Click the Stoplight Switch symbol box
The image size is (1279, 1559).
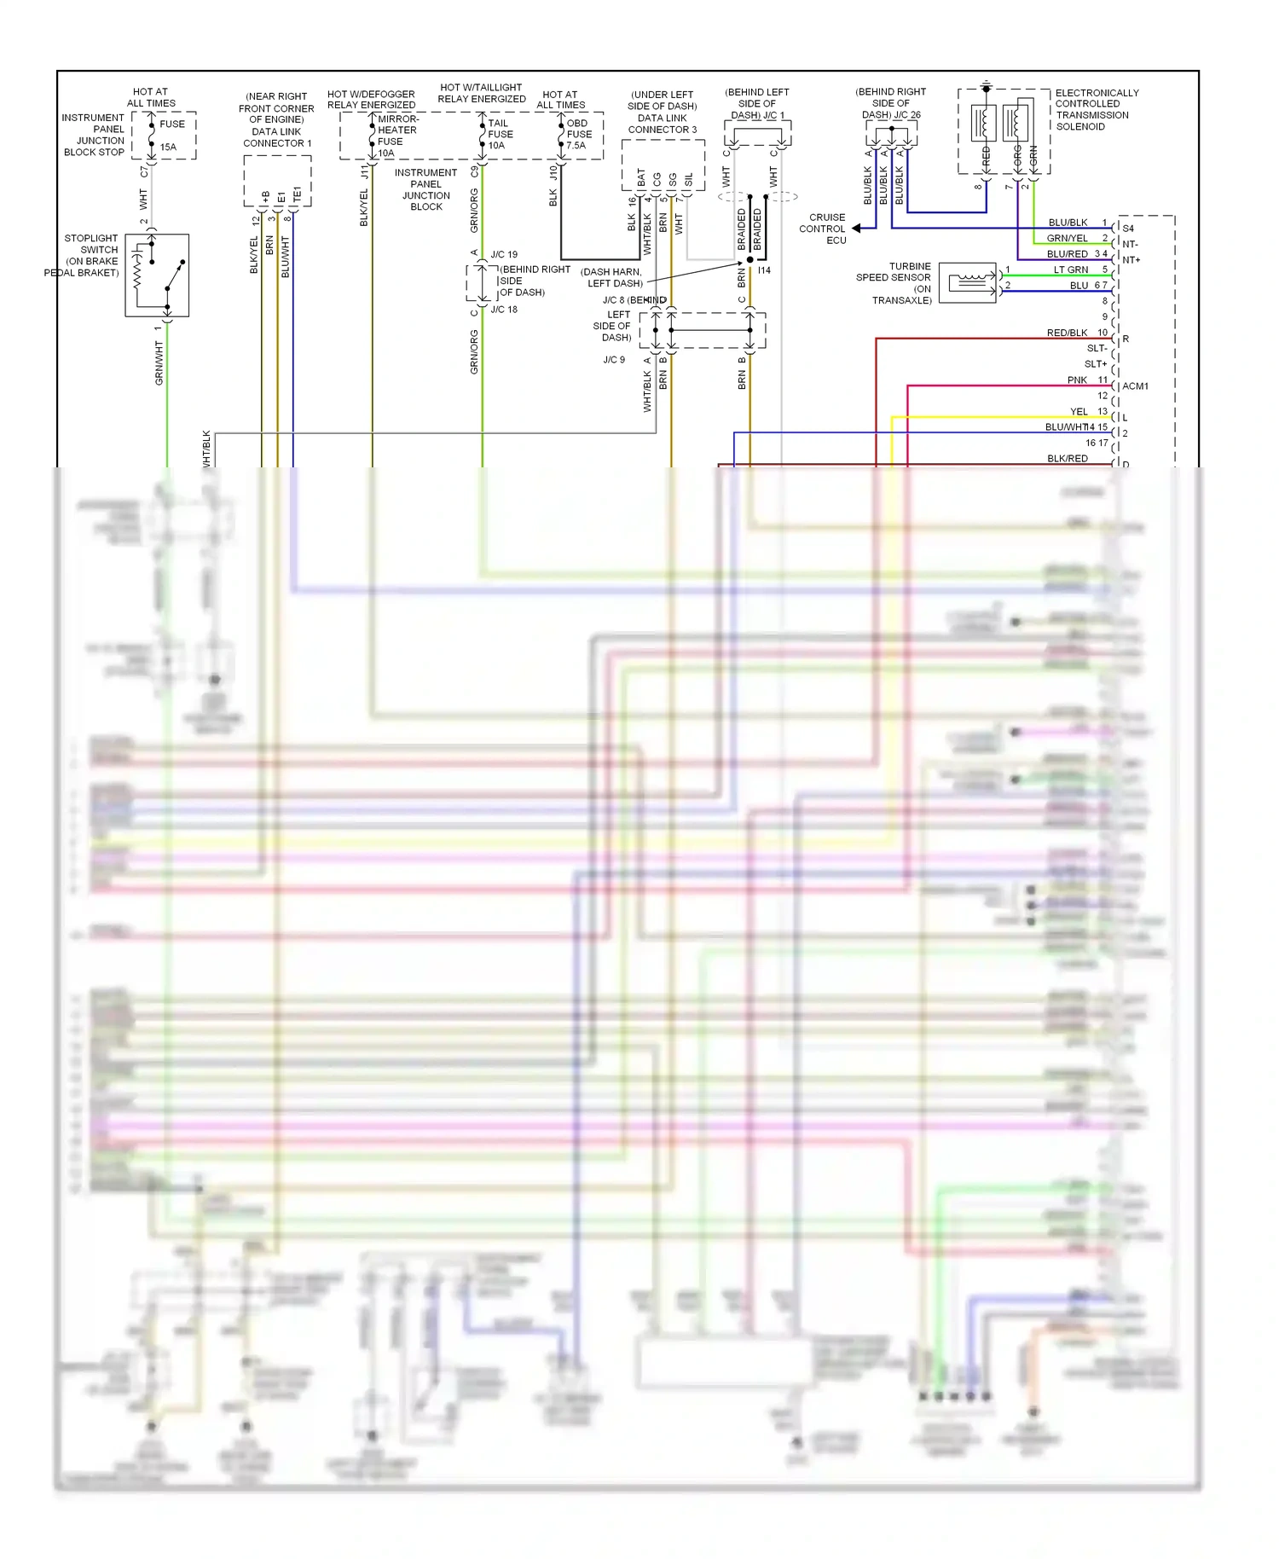tap(157, 275)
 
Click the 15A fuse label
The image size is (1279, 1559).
tap(169, 147)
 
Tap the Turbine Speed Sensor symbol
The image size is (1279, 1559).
tap(968, 282)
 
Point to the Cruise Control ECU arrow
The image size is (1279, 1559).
tap(857, 229)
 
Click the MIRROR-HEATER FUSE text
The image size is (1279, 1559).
tap(396, 130)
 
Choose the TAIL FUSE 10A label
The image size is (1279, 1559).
tap(500, 134)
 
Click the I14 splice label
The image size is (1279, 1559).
tap(764, 270)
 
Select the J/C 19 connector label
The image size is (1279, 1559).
tap(504, 254)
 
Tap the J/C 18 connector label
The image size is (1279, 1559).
tap(504, 310)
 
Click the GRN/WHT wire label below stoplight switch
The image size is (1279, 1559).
tap(159, 363)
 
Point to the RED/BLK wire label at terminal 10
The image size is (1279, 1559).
tap(1067, 333)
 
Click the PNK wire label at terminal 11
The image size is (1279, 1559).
tap(1077, 380)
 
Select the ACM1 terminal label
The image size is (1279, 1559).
tap(1135, 386)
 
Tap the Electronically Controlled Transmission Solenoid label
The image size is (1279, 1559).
tap(1096, 109)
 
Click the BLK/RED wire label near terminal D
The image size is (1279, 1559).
tap(1067, 459)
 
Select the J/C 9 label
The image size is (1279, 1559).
tap(614, 360)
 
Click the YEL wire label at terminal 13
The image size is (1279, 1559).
tap(1079, 412)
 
